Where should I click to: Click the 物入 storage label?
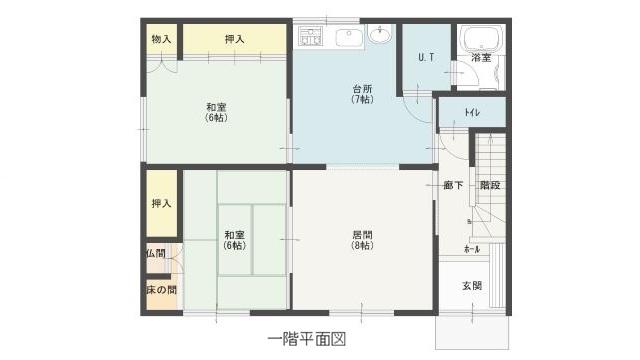[x=161, y=39]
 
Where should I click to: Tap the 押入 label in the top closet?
[x=235, y=39]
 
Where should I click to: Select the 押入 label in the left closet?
[x=161, y=203]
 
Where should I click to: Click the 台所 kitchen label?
[x=362, y=88]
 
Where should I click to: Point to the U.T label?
[x=424, y=57]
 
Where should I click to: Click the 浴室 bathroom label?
[x=481, y=58]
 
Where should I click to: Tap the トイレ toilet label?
[x=472, y=112]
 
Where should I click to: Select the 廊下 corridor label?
[x=452, y=185]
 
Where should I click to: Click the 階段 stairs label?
[x=489, y=185]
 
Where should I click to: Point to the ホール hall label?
[x=471, y=248]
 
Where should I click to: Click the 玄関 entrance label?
[x=472, y=286]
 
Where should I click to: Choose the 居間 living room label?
[x=362, y=235]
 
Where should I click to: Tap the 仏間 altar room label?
[x=155, y=254]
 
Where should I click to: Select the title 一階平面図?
[x=307, y=339]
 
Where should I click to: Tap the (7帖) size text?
[x=362, y=100]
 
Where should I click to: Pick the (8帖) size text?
[x=362, y=246]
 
